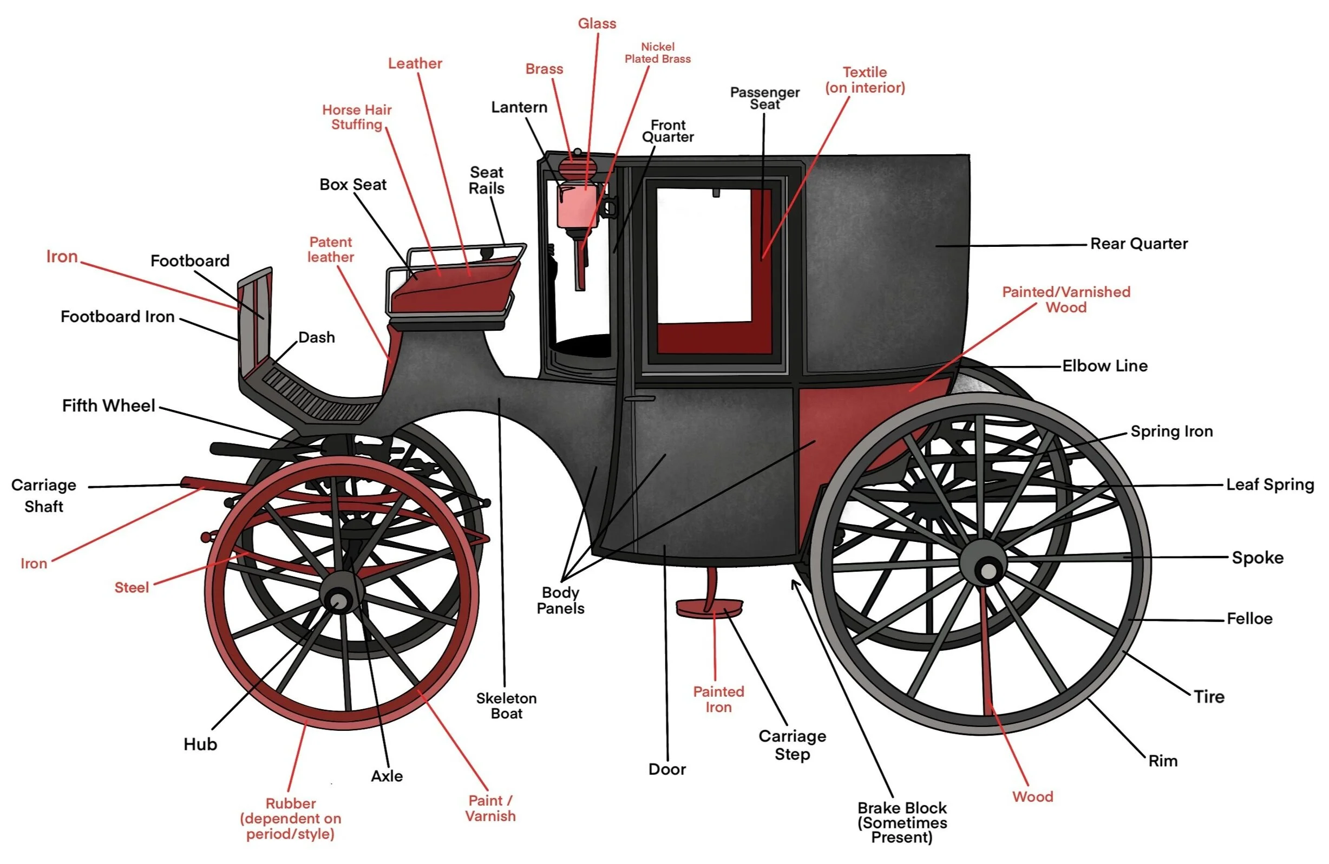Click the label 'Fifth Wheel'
pos(108,405)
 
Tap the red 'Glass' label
pos(597,23)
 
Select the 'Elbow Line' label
pos(1104,366)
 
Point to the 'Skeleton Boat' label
pos(507,705)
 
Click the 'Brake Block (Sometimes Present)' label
pos(902,822)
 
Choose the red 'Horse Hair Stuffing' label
pos(357,117)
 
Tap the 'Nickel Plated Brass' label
pos(657,53)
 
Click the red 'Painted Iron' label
pos(719,699)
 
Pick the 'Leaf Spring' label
pos(1270,484)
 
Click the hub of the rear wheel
pos(987,570)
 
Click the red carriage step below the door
pos(709,607)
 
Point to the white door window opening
pos(704,257)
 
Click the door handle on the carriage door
pos(639,399)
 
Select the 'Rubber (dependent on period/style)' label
pos(290,818)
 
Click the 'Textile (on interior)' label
pos(865,80)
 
